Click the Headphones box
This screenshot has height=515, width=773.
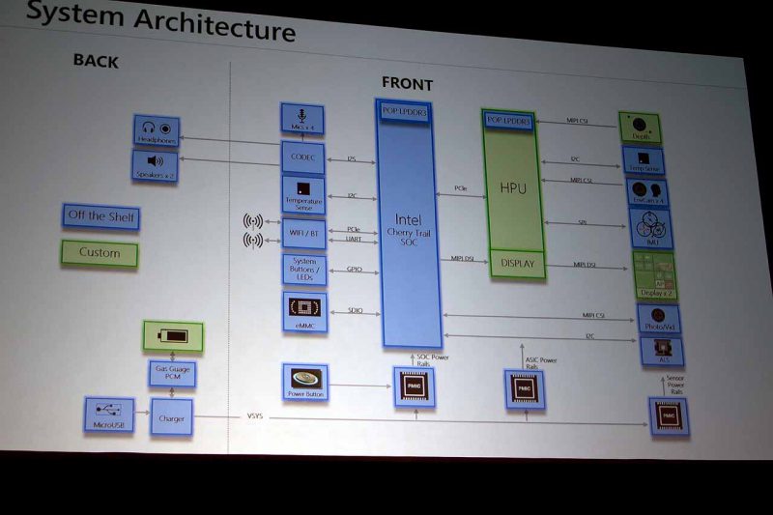pos(157,131)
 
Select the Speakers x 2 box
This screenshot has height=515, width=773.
pos(157,164)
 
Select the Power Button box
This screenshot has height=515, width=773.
pos(304,383)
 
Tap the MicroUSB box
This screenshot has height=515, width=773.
pos(109,415)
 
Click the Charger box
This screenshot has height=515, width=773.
pos(173,417)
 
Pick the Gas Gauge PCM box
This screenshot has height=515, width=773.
pos(172,372)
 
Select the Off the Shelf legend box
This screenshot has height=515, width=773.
pos(100,216)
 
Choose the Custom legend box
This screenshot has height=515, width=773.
pos(100,253)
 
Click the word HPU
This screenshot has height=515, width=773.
pos(512,188)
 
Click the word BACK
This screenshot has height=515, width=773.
pos(96,61)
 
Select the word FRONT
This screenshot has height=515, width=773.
pos(407,83)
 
